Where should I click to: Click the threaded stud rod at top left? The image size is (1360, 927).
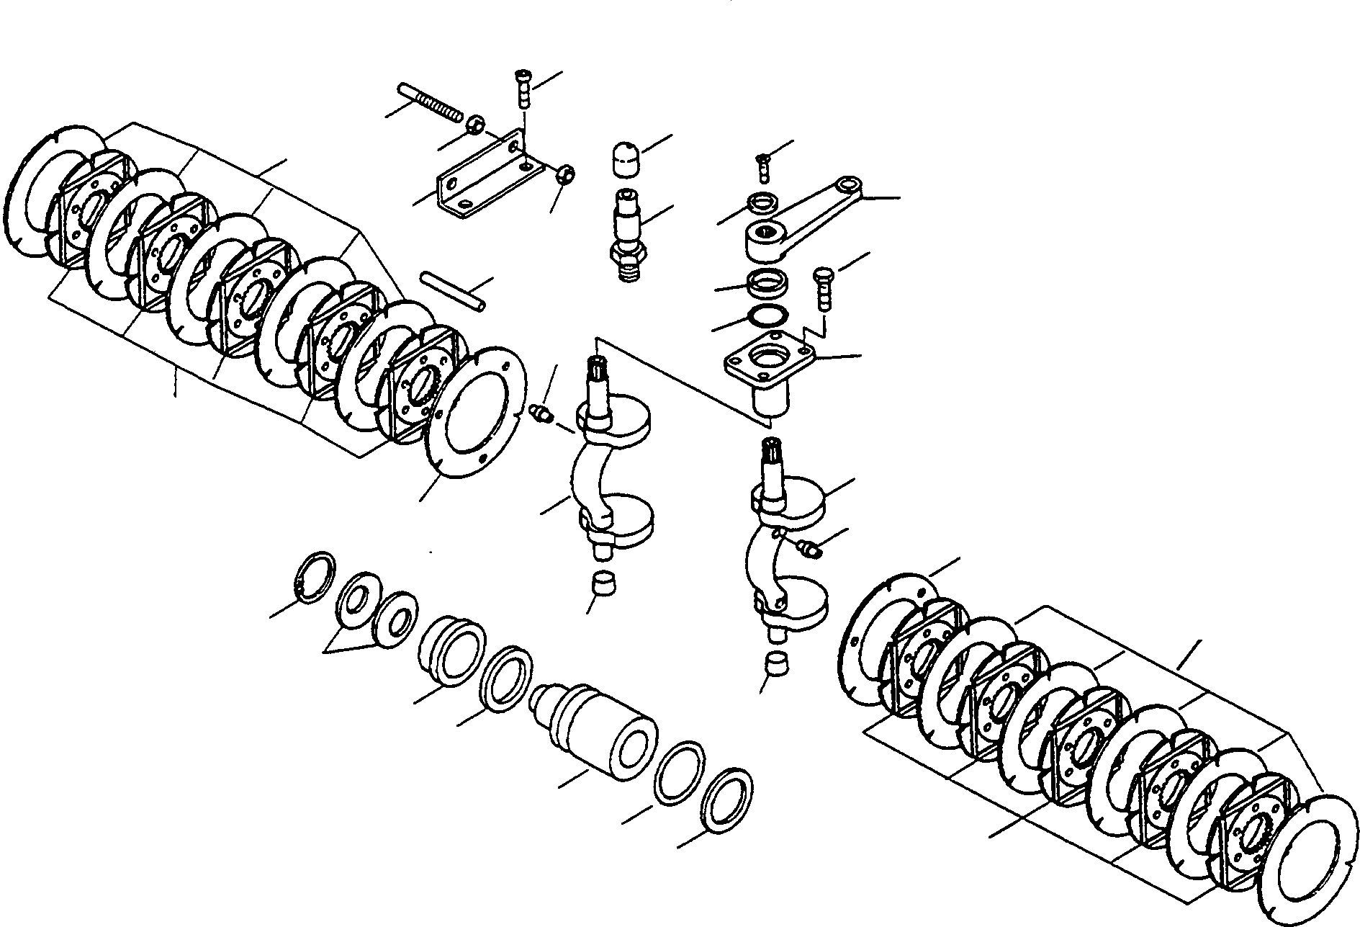[x=429, y=102]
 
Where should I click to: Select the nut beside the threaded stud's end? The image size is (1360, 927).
[x=474, y=125]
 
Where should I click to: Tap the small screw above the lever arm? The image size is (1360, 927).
[x=763, y=167]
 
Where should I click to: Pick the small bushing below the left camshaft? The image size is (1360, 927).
[x=603, y=582]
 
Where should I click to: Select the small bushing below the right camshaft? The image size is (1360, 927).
[x=776, y=661]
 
